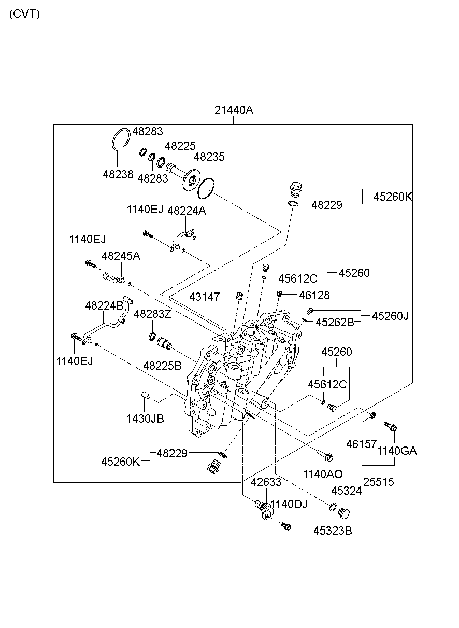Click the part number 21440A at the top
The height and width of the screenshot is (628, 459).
234,110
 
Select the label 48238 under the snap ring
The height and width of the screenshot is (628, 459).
118,174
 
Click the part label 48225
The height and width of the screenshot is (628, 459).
180,146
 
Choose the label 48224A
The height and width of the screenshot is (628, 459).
187,211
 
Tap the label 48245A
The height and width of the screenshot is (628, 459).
121,256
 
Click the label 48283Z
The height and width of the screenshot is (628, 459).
152,314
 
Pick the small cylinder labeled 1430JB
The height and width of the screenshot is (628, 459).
146,398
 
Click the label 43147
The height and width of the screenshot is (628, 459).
205,297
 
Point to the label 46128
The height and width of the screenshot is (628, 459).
314,295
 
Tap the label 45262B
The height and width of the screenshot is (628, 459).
335,322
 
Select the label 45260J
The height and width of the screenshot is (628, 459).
390,315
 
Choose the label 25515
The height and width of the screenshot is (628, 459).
378,482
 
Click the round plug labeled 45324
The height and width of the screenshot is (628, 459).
343,513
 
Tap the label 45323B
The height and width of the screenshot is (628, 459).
332,531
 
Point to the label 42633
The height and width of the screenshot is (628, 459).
266,482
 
